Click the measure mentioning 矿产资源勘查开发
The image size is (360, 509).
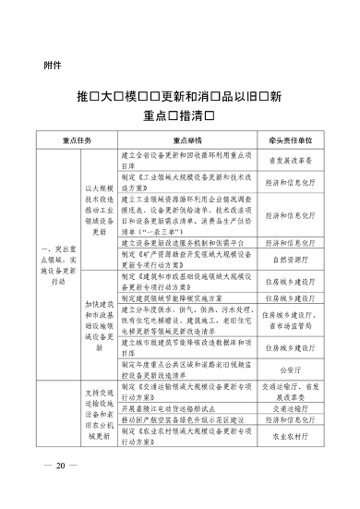(x=185, y=261)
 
